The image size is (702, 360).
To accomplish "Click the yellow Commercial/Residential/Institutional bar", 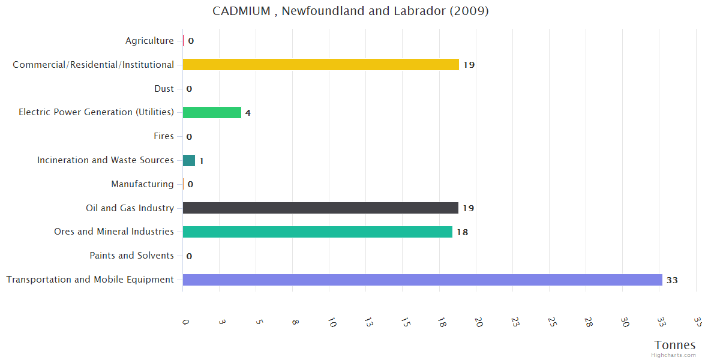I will pos(320,64).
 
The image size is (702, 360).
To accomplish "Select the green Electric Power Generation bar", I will pos(212,112).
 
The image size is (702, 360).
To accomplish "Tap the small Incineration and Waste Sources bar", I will pos(189,160).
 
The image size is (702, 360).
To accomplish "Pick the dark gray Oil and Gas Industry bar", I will pos(320,208).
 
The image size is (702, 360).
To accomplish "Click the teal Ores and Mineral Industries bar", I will pos(317,232).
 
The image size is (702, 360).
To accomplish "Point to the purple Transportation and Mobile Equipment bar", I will pos(422,280).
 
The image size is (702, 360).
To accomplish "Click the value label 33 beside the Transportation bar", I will pos(672,280).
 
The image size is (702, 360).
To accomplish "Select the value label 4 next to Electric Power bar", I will pos(248,113).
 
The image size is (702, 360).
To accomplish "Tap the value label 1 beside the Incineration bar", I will pos(202,161).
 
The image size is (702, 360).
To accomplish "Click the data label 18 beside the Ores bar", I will pos(462,232).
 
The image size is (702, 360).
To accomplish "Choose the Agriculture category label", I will pos(149,41).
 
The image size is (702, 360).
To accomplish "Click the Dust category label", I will pos(164,89).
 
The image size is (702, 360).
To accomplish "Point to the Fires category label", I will pos(164,136).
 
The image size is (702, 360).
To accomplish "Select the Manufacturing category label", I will pos(142,184).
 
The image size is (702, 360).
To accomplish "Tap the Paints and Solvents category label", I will pos(131,256).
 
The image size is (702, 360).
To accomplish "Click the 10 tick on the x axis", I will pos(332,323).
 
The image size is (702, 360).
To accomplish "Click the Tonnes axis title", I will pos(675,345).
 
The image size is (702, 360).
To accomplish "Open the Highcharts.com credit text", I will pos(674,355).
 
